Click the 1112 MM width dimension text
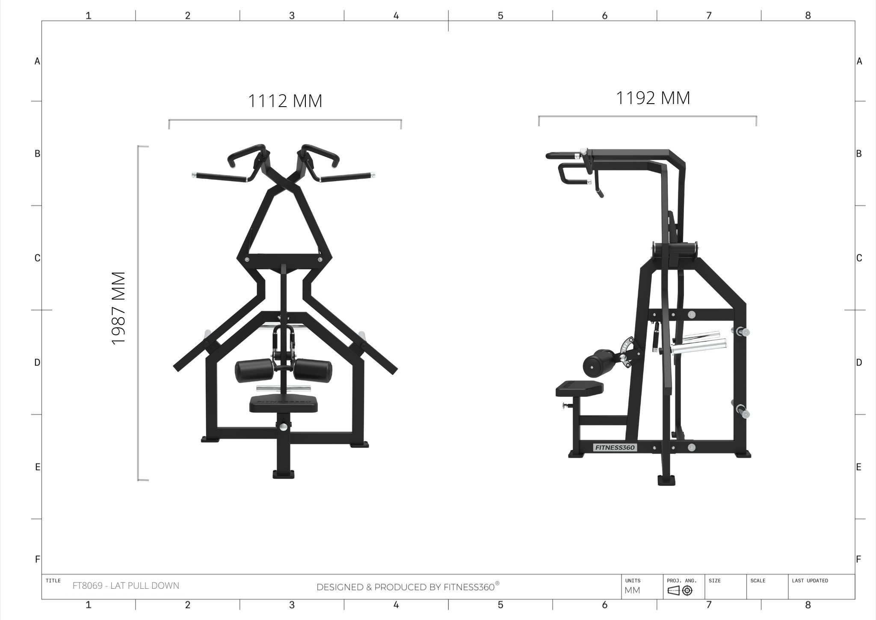coord(285,101)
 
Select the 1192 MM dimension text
coord(653,98)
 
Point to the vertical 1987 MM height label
coord(118,308)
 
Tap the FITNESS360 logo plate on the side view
coord(615,447)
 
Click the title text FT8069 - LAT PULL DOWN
coord(126,585)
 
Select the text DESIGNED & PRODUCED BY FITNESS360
coord(408,587)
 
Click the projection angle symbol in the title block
coord(680,591)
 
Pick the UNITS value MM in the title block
coord(633,590)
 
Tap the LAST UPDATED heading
coord(810,581)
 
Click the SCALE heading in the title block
coord(758,581)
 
